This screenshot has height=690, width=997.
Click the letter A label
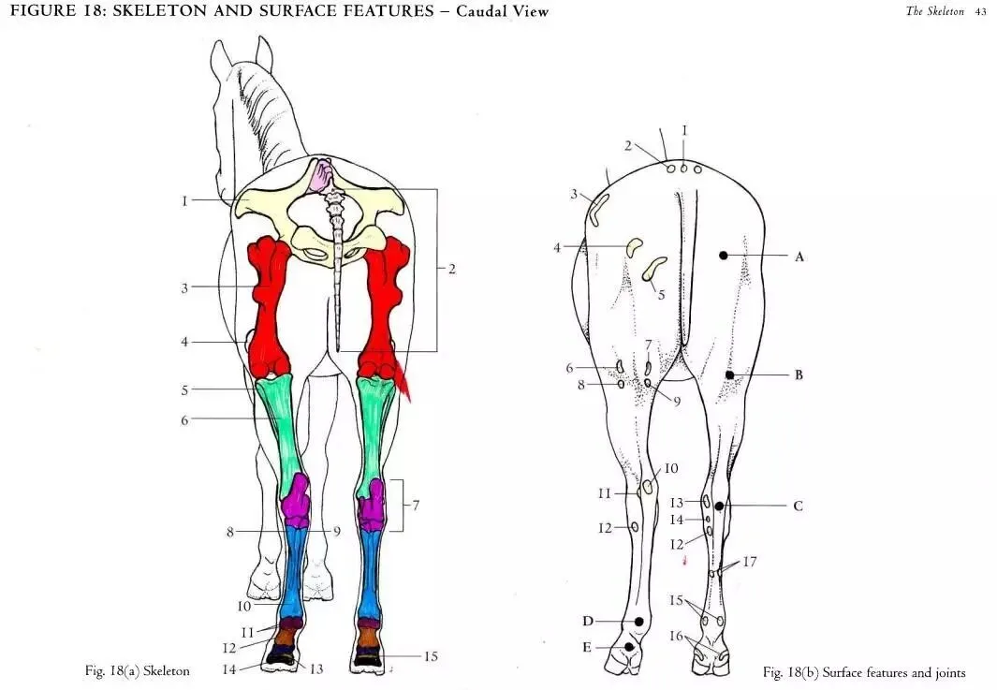[799, 257]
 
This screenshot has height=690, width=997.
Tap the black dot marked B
[729, 374]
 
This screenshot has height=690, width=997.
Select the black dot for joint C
[719, 506]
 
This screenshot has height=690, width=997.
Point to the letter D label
[588, 621]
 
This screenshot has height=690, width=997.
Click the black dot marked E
[630, 646]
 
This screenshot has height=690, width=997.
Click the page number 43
[981, 11]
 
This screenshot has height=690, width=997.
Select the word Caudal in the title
[486, 11]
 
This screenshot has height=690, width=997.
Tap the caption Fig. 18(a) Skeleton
[137, 670]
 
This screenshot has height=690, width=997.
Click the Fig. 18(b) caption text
[863, 672]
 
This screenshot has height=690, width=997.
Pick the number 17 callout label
[750, 562]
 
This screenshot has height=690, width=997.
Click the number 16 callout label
[676, 636]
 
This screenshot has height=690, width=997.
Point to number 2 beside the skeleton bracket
[451, 269]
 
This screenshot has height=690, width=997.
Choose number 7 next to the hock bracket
[416, 506]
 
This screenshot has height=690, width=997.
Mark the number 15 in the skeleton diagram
[431, 656]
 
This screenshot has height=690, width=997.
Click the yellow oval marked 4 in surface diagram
[635, 246]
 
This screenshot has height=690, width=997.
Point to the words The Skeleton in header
[934, 11]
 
